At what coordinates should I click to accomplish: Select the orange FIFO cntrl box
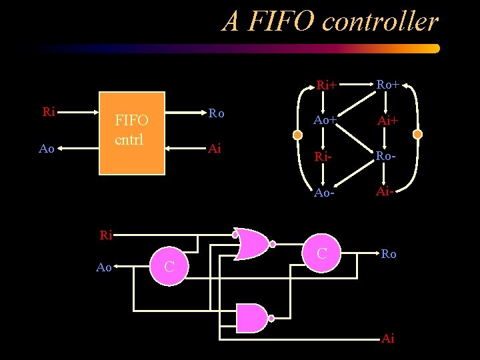coord(131,133)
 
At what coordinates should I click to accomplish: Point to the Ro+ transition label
coord(387,84)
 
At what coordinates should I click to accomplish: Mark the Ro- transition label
coord(387,156)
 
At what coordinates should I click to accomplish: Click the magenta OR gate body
coord(252,244)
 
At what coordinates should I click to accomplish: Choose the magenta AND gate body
coord(251,318)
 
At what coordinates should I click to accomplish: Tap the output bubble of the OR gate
coord(273,244)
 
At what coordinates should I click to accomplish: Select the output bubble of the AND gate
coord(271,318)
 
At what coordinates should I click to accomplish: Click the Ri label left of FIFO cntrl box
coord(48,112)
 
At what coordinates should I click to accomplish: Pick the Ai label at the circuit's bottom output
coord(387,339)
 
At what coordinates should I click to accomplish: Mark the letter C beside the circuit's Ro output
coord(322,253)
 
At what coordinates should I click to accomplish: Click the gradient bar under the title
coord(233,49)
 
